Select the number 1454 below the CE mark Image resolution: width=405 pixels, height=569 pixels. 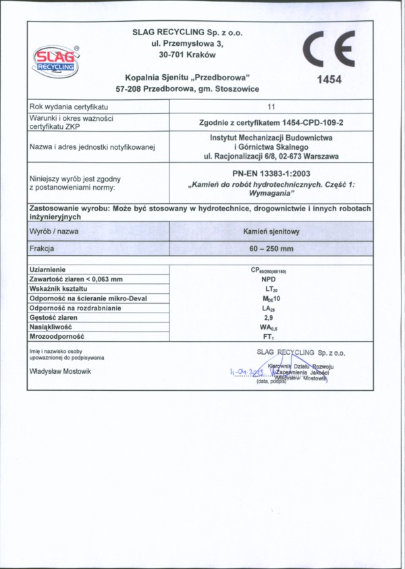pos(329,80)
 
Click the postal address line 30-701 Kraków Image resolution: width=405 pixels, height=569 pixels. pos(188,55)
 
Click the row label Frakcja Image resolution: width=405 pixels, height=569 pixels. pos(42,248)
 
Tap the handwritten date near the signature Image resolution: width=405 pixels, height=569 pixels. pos(246,372)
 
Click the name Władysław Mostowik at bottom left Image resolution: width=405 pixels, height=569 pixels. pos(60,371)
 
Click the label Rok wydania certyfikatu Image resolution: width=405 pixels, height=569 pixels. pos(69,107)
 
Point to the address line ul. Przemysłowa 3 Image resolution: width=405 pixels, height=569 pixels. pos(188,43)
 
